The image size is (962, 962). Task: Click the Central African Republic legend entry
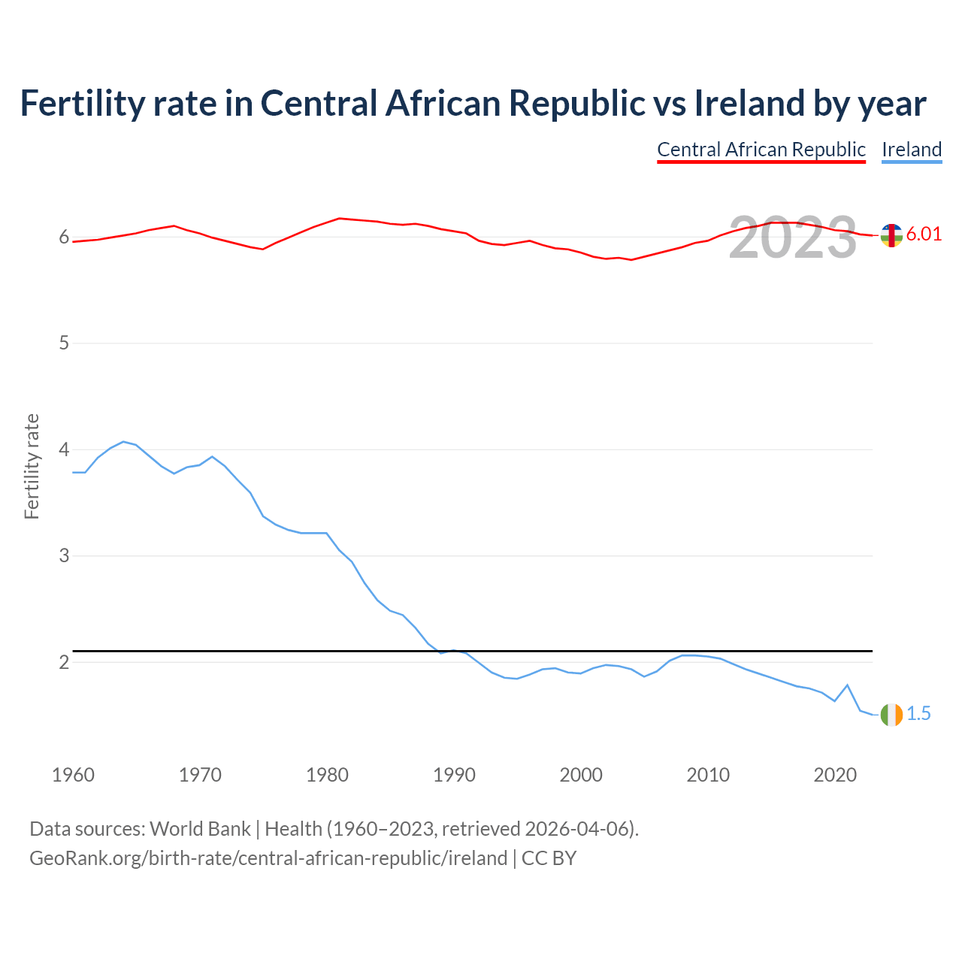pyautogui.click(x=761, y=150)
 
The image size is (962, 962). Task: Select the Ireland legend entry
pyautogui.click(x=912, y=150)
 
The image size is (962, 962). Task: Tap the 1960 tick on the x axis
pyautogui.click(x=74, y=775)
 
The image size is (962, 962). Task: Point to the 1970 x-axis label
pyautogui.click(x=201, y=775)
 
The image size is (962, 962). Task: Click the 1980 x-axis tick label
pyautogui.click(x=328, y=775)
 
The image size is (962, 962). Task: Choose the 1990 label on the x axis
pyautogui.click(x=455, y=775)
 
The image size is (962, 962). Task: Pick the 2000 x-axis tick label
pyautogui.click(x=581, y=775)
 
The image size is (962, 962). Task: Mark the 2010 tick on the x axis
pyautogui.click(x=708, y=775)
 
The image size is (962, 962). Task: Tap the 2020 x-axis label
pyautogui.click(x=835, y=775)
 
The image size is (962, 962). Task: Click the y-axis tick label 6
pyautogui.click(x=64, y=237)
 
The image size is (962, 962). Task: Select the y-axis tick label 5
pyautogui.click(x=64, y=343)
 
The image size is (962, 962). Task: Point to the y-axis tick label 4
pyautogui.click(x=64, y=449)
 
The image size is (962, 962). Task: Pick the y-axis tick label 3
pyautogui.click(x=64, y=556)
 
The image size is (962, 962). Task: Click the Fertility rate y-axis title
pyautogui.click(x=32, y=466)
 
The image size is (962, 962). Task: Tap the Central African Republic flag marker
pyautogui.click(x=891, y=235)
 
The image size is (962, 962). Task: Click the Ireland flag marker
pyautogui.click(x=891, y=715)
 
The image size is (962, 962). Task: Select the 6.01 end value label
pyautogui.click(x=924, y=234)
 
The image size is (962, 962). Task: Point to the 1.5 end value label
pyautogui.click(x=918, y=714)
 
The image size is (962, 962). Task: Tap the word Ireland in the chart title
pyautogui.click(x=748, y=103)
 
